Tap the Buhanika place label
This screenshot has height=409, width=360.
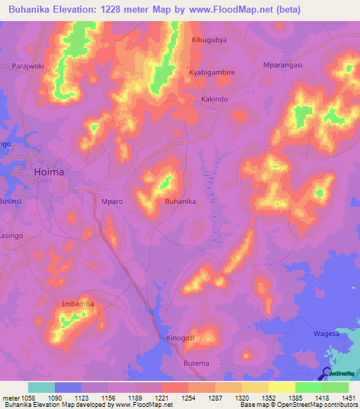(x=179, y=201)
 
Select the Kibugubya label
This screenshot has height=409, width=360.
(x=209, y=41)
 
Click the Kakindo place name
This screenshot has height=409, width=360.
(x=214, y=100)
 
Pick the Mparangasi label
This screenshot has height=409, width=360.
(x=281, y=65)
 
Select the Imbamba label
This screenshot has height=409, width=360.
(x=78, y=304)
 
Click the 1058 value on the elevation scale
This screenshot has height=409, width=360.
(x=27, y=397)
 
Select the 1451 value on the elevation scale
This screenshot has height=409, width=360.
(x=348, y=397)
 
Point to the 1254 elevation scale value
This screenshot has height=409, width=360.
(x=188, y=397)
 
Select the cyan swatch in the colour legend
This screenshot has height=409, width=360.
(x=41, y=387)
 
